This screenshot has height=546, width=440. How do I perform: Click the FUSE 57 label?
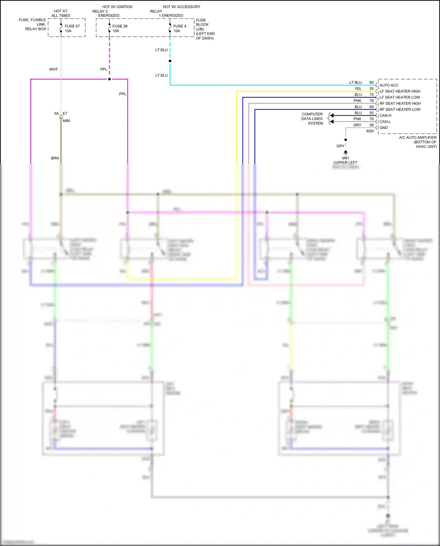(x=72, y=26)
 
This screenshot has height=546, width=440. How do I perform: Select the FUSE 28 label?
(x=120, y=26)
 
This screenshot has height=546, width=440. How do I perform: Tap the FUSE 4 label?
(x=180, y=26)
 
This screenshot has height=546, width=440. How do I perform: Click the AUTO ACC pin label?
(x=389, y=85)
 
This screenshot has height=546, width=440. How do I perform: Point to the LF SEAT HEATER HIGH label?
(x=400, y=91)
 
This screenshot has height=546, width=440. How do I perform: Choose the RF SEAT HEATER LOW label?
(x=400, y=109)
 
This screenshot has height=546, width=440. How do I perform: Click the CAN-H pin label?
(x=385, y=116)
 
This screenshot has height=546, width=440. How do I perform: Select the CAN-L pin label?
(x=385, y=122)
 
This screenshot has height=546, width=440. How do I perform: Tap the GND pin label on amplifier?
(x=384, y=128)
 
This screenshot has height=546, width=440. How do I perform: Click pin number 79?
(x=372, y=101)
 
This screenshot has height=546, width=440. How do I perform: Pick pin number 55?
(x=372, y=89)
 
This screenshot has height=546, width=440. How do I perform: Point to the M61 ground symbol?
(x=346, y=153)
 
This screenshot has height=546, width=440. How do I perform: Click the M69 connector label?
(x=66, y=121)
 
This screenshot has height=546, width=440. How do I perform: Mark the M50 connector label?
(x=370, y=131)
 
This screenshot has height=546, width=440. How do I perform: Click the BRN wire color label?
(x=55, y=158)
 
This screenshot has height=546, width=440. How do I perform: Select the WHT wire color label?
(x=53, y=69)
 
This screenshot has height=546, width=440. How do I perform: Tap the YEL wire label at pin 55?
(x=358, y=89)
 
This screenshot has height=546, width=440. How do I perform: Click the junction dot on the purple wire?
(x=109, y=79)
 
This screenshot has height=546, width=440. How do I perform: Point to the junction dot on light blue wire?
(x=170, y=61)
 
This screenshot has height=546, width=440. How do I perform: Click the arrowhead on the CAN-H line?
(x=332, y=116)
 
